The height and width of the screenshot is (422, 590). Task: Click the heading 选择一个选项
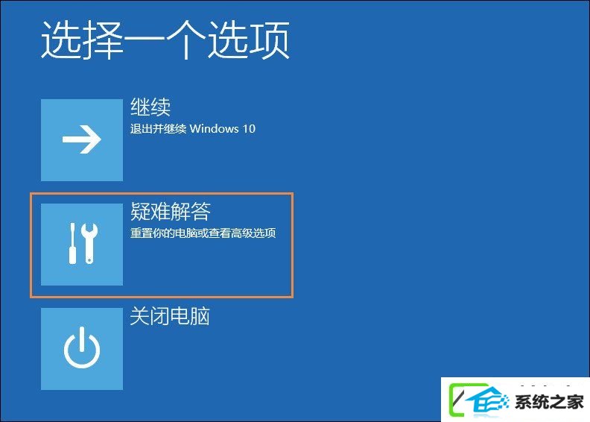(x=165, y=40)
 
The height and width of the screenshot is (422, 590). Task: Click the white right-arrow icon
(x=82, y=139)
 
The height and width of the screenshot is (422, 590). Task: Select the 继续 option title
(x=150, y=107)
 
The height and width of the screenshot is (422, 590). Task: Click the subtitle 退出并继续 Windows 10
(x=193, y=129)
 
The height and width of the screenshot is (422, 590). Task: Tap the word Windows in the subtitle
(x=214, y=129)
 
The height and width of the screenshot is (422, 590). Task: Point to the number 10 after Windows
(x=249, y=129)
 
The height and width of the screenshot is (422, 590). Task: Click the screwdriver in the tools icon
(x=72, y=243)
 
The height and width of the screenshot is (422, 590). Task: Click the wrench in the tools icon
(x=89, y=243)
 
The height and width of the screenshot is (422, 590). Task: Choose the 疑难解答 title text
(x=171, y=211)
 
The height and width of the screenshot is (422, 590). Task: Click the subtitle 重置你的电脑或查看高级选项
(x=203, y=233)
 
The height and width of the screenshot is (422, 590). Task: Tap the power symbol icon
(x=82, y=347)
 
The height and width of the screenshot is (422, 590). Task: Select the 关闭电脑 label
(x=170, y=316)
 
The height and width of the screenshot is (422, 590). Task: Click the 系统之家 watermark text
(x=549, y=402)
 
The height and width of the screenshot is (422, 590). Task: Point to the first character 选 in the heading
(x=61, y=40)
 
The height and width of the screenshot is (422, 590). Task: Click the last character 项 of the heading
(x=270, y=40)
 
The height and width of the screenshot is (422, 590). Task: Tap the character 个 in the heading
(x=186, y=40)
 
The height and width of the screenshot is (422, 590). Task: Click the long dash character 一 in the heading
(x=144, y=40)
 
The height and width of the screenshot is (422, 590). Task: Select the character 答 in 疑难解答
(x=201, y=211)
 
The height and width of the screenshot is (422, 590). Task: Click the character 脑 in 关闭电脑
(x=200, y=316)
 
